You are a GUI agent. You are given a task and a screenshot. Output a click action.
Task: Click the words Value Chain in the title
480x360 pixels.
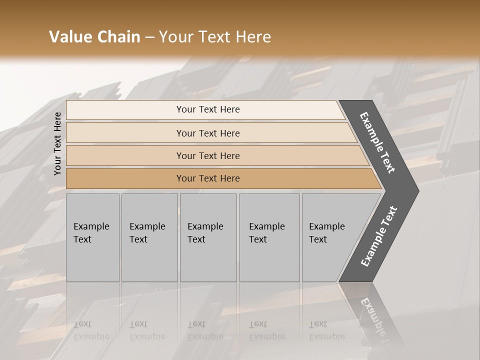pos(94,37)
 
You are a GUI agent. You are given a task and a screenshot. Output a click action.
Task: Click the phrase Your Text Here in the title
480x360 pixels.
pos(215,37)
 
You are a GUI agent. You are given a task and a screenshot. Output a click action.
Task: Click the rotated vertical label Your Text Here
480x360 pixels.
pos(57,143)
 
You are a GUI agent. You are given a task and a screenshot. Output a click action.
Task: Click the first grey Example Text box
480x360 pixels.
pos(92,237)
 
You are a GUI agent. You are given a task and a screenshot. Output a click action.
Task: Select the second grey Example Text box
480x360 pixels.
pos(149,237)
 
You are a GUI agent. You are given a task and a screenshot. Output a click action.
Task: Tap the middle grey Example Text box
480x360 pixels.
pos(208,237)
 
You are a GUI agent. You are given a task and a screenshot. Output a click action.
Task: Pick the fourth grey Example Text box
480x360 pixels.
pos(269,237)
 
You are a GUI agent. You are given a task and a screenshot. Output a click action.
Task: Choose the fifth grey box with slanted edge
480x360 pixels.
pos(332,237)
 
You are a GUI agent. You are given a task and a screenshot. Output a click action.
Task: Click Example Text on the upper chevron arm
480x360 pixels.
pos(377,142)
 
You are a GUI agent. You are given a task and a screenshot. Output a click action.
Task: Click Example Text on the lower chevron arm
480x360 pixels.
pos(379,236)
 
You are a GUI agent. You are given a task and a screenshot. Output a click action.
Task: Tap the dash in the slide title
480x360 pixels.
pos(149,37)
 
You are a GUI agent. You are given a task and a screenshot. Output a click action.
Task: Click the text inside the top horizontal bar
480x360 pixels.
pos(208,109)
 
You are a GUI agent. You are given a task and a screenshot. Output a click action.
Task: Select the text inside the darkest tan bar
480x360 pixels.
pos(208,178)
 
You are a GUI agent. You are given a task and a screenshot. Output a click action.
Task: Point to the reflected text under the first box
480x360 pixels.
pos(91,330)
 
